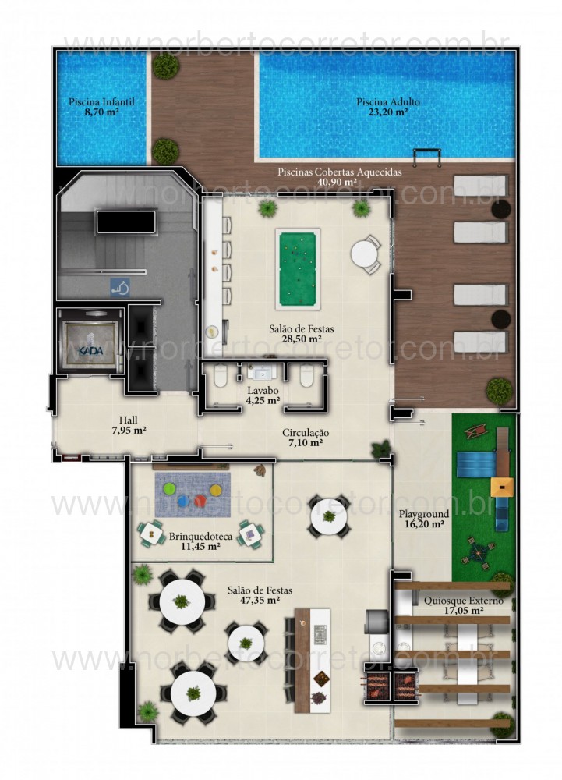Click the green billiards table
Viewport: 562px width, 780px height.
tap(298, 269)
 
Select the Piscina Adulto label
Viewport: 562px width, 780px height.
tap(388, 107)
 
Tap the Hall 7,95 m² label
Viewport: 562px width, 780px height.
tap(129, 424)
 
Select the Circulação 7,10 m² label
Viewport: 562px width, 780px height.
tap(306, 438)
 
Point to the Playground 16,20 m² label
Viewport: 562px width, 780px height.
tap(424, 519)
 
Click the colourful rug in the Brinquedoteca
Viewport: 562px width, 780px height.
tap(191, 493)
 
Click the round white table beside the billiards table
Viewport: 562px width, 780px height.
tap(364, 254)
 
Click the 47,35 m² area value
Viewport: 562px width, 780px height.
tap(261, 601)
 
